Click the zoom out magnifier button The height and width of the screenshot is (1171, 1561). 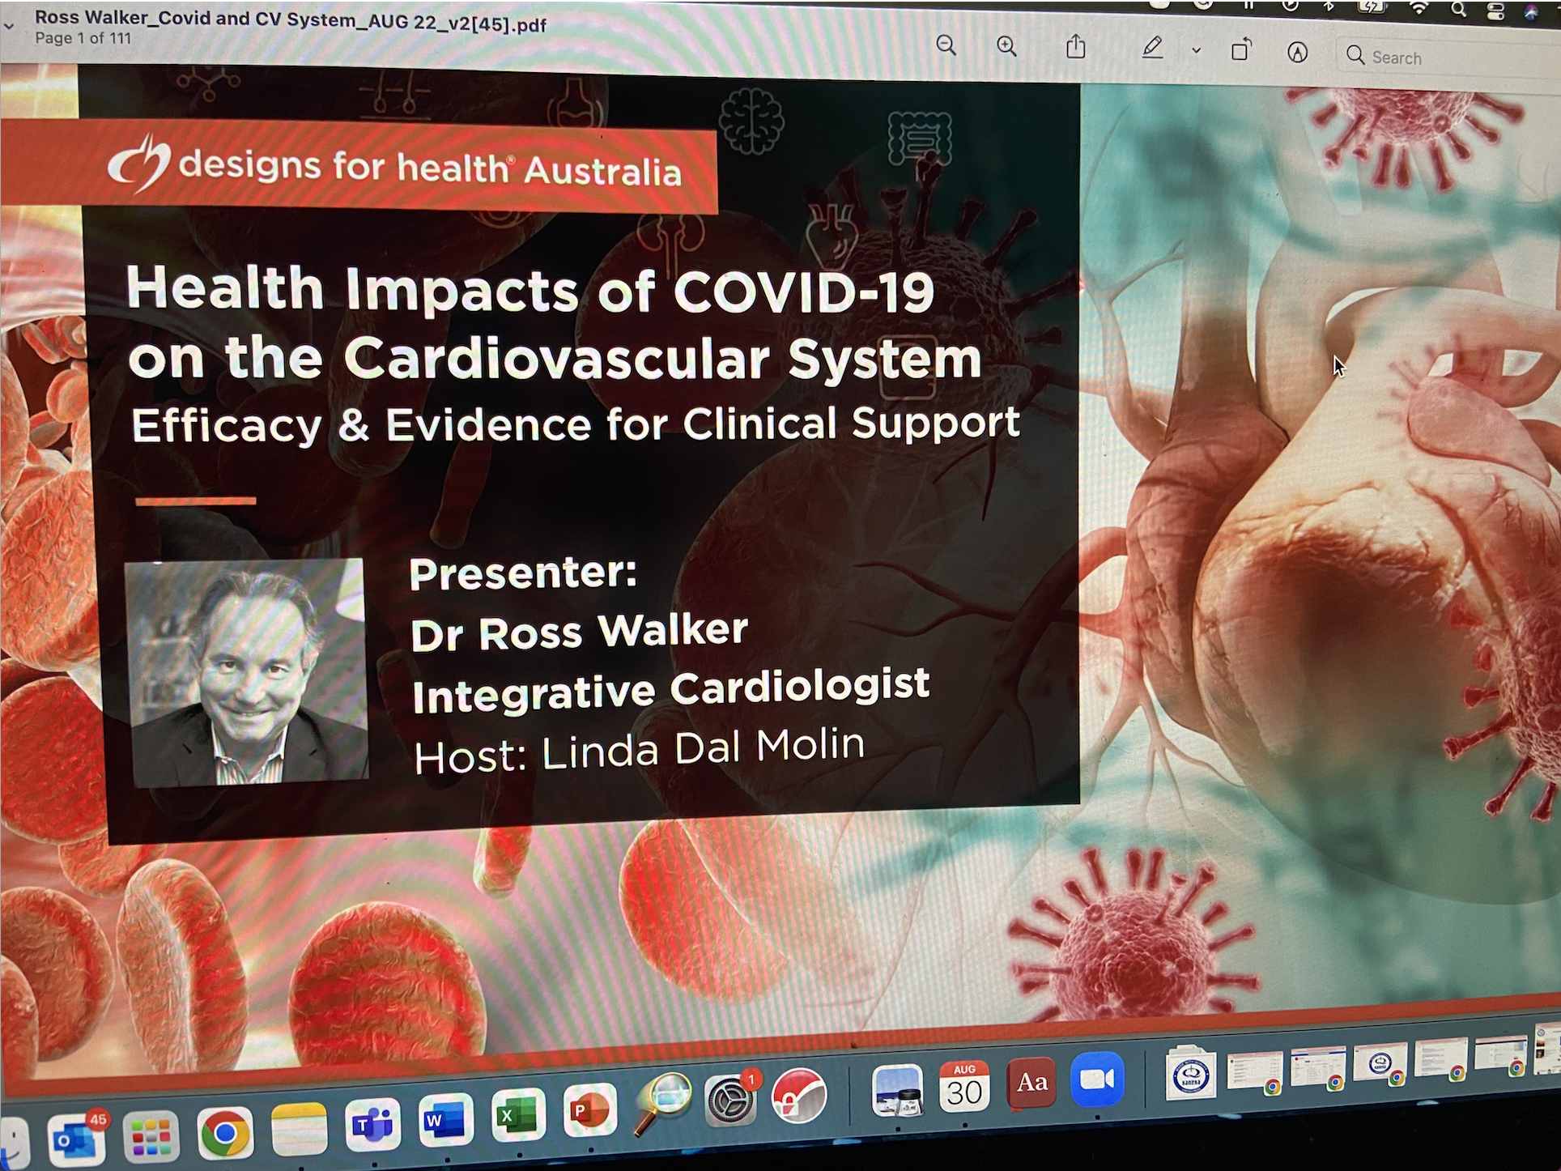tap(946, 45)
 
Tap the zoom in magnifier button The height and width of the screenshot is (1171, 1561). tap(1007, 46)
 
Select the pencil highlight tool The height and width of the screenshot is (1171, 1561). tap(1153, 48)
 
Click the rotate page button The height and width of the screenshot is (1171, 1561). tap(1241, 49)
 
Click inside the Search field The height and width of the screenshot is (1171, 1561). tap(1449, 57)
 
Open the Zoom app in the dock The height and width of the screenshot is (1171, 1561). tap(1097, 1079)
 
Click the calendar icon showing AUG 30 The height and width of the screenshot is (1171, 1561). tap(964, 1086)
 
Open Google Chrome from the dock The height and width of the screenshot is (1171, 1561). tap(224, 1131)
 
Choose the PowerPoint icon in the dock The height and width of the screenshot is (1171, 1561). tap(590, 1110)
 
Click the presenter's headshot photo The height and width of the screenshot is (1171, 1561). tap(247, 671)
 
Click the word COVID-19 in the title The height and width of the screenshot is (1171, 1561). tap(804, 291)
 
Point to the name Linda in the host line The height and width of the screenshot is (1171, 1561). tap(602, 751)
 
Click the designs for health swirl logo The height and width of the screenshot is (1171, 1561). tap(139, 164)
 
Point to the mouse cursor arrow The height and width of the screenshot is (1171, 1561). tap(1338, 366)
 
